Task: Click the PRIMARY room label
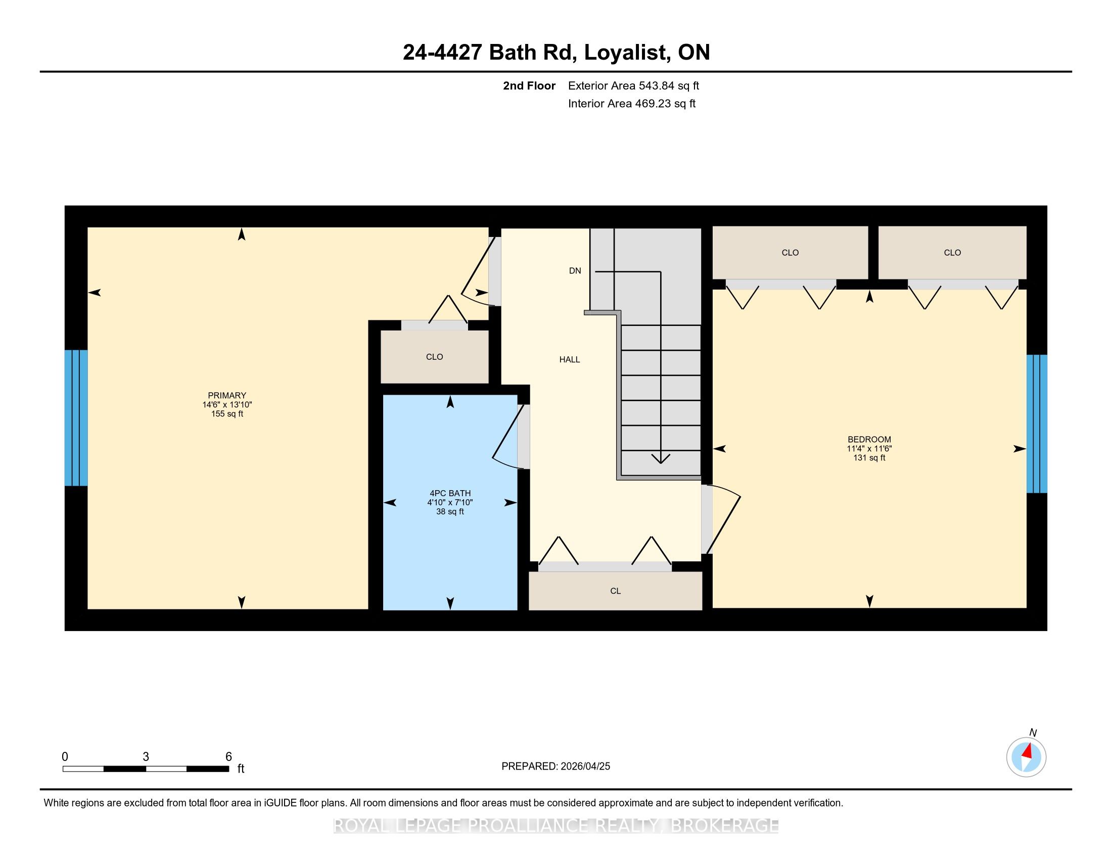226,396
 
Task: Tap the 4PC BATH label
450,493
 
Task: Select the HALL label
569,359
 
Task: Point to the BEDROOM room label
869,439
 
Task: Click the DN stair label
575,271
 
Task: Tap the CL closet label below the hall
615,591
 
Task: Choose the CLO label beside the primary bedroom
434,357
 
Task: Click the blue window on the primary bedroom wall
76,418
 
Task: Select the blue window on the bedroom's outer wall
1037,424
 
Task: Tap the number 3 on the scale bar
146,757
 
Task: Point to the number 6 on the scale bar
228,757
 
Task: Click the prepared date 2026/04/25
584,766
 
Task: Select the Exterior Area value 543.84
655,85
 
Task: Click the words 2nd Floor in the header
529,85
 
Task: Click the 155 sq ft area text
227,414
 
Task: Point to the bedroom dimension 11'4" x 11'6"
869,448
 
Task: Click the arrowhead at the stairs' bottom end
661,458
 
